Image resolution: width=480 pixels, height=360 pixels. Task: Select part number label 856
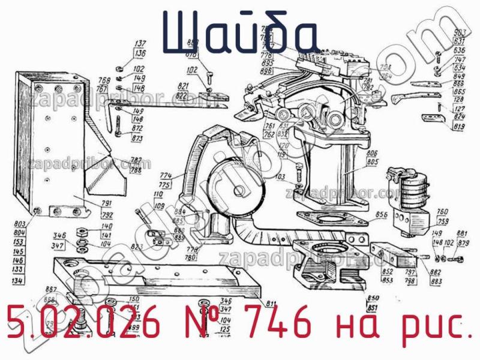click(381, 214)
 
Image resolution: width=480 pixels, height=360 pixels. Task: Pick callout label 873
click(137, 139)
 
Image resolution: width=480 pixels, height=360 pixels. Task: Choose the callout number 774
click(166, 176)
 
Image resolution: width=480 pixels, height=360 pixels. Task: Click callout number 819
click(460, 127)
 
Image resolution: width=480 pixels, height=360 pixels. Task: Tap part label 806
click(371, 153)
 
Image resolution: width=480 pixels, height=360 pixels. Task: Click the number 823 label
click(137, 247)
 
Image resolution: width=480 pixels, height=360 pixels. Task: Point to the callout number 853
click(388, 279)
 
